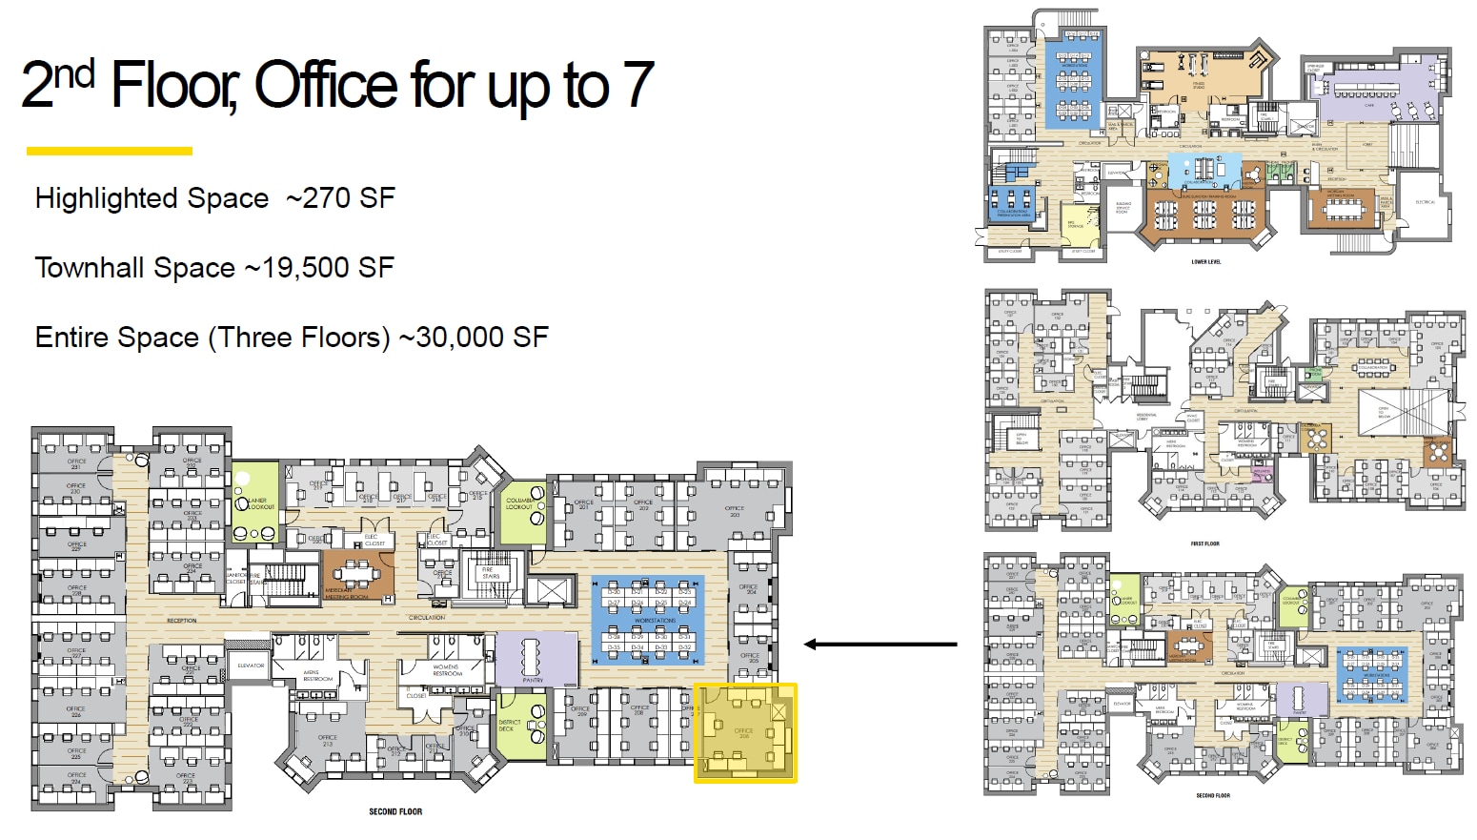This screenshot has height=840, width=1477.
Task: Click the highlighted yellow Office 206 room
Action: point(744,732)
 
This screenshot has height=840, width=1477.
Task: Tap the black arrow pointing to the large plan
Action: point(880,645)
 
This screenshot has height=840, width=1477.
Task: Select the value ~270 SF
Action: point(340,198)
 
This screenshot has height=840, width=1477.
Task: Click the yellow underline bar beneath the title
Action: point(110,151)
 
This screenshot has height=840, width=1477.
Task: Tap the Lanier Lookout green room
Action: point(254,502)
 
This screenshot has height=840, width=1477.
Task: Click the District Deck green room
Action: point(520,727)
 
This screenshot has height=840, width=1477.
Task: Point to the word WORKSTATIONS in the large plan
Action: point(654,621)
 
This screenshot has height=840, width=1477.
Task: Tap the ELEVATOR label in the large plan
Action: point(251,666)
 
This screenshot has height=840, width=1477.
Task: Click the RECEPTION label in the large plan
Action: point(181,621)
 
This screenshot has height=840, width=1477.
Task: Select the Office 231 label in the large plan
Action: point(76,464)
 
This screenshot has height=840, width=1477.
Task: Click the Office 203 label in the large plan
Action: point(735,511)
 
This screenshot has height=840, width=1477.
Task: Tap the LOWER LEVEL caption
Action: point(1205,261)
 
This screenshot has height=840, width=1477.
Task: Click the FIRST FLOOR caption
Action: point(1204,543)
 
